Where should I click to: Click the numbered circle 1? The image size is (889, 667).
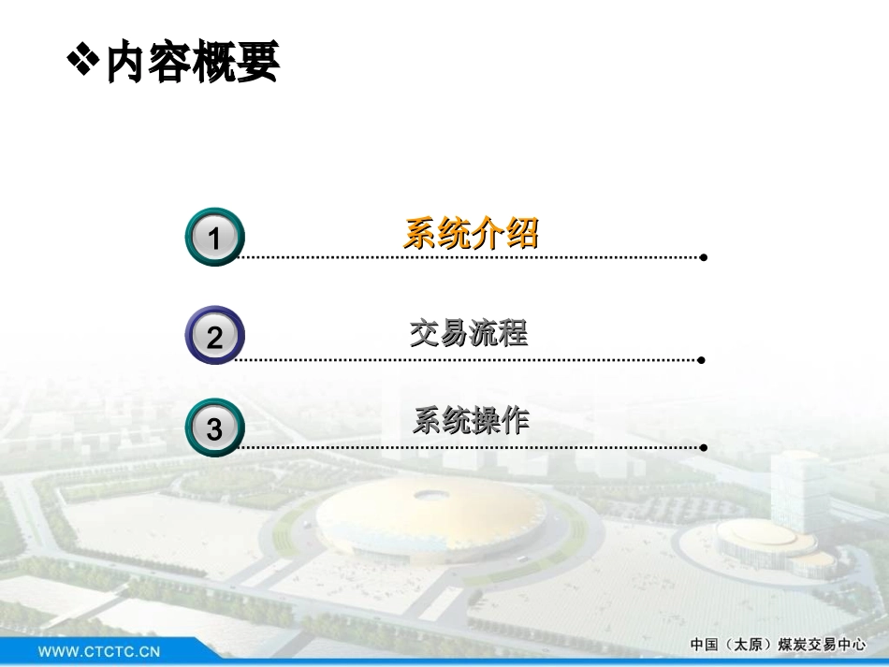coord(214,238)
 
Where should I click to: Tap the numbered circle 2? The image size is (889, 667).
coord(214,336)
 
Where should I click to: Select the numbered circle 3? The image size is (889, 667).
coord(214,428)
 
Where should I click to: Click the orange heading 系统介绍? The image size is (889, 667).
coord(471,234)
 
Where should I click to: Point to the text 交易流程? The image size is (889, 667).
coord(469,333)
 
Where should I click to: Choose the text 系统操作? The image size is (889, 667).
coord(471,422)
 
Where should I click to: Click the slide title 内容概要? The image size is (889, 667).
coord(192,64)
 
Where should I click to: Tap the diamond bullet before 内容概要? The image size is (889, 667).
coord(82,61)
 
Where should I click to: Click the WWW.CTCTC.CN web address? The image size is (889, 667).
coord(99,650)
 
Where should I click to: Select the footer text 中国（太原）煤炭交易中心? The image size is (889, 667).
coord(778,645)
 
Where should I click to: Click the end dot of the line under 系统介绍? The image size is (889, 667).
coord(703,257)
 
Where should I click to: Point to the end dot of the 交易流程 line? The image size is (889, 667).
coord(702,359)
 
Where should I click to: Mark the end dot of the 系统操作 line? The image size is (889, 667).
coord(703,447)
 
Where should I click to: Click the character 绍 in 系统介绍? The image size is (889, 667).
coord(522,234)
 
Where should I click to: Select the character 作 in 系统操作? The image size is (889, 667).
coord(514,422)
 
